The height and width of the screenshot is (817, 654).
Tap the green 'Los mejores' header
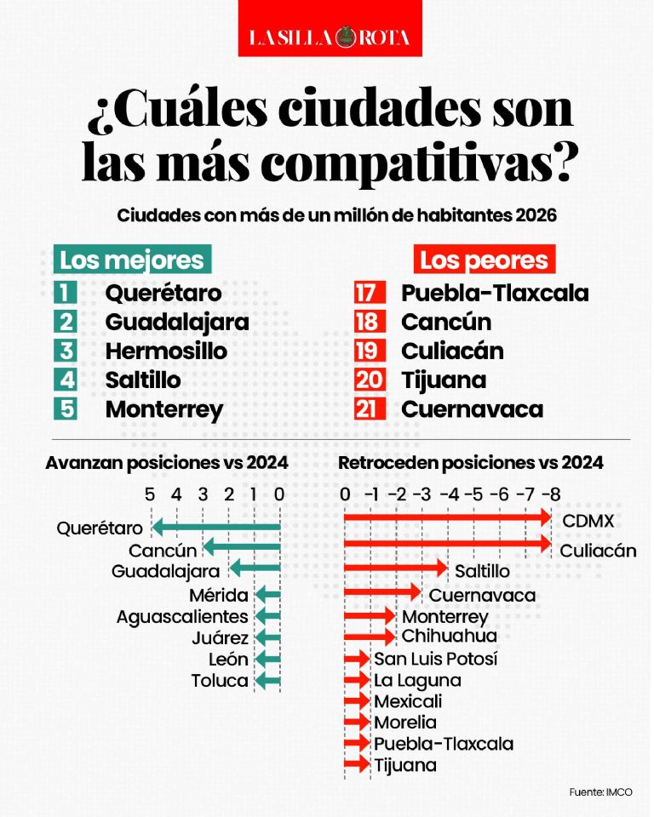pos(132,260)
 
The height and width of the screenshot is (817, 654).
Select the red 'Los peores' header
pos(484,260)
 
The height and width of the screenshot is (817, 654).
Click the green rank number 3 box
pos(66,351)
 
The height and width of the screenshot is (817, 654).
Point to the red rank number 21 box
pos(370,409)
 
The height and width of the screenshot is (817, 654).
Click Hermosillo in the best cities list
pos(166,351)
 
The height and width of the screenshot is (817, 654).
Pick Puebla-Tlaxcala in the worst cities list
pos(495,293)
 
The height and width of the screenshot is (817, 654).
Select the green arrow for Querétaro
pos(216,528)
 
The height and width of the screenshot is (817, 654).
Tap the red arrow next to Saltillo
pos(396,568)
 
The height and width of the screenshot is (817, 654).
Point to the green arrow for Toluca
pos(268,681)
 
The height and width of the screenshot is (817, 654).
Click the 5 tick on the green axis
pos(150,494)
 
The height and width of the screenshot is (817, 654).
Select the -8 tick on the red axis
pos(551,494)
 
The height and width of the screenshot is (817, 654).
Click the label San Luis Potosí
pos(435,659)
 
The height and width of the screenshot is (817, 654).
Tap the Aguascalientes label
pos(182,617)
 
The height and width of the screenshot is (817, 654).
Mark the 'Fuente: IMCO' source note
pos(601,792)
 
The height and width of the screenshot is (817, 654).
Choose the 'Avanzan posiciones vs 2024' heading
pos(167,463)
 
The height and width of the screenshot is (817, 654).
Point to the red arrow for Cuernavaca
pos(383,591)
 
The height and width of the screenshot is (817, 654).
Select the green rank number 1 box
pos(66,292)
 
